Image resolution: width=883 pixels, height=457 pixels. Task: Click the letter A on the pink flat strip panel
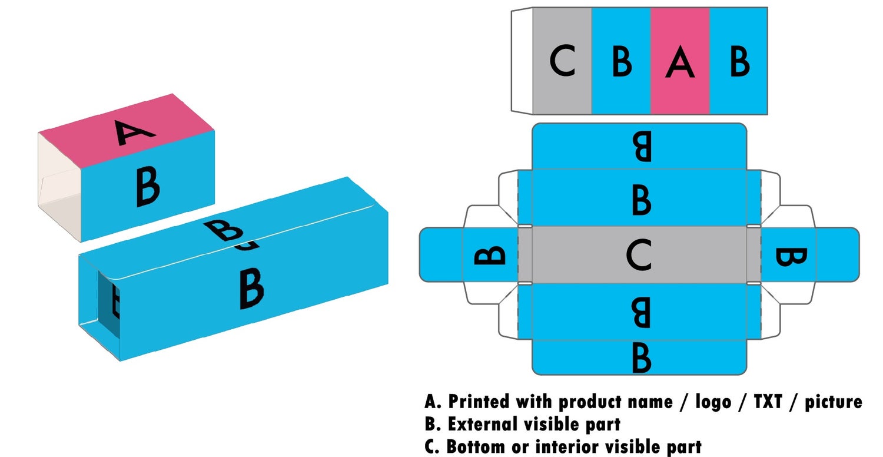pyautogui.click(x=680, y=62)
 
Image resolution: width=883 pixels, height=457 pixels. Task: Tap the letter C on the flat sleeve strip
pyautogui.click(x=563, y=61)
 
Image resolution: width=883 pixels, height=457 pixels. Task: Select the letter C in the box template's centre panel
pyautogui.click(x=638, y=256)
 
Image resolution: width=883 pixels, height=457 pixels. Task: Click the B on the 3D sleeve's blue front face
pyautogui.click(x=147, y=187)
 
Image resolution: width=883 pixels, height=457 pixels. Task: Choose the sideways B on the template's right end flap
pyautogui.click(x=791, y=256)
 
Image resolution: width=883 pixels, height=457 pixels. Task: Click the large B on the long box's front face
pyautogui.click(x=251, y=288)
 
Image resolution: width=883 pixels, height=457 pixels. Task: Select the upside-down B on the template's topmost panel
pyautogui.click(x=642, y=147)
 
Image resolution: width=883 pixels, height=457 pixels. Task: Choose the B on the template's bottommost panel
pyautogui.click(x=642, y=357)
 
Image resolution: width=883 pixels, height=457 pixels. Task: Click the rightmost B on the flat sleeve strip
pyautogui.click(x=739, y=61)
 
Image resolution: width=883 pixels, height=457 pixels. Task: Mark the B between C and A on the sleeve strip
pyautogui.click(x=622, y=61)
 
